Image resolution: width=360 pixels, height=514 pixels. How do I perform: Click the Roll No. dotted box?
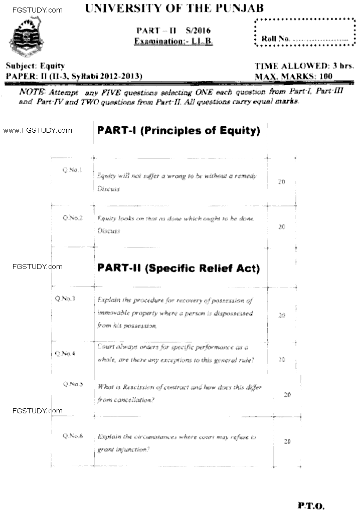[305, 33]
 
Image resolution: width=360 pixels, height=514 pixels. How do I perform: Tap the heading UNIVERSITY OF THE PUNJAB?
[175, 9]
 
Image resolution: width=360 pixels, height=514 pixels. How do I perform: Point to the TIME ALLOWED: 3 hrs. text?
[304, 66]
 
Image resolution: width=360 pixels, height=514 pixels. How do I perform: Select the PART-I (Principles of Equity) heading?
[178, 131]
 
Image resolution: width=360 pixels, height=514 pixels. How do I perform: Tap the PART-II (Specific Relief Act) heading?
[178, 269]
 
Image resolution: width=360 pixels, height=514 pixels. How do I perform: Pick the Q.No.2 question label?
[73, 218]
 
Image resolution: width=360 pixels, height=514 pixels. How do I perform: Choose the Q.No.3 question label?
[66, 299]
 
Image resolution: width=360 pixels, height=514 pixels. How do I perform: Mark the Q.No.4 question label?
[66, 353]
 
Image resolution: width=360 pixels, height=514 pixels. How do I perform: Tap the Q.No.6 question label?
[73, 436]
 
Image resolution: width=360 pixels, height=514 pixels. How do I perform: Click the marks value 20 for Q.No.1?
[281, 182]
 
